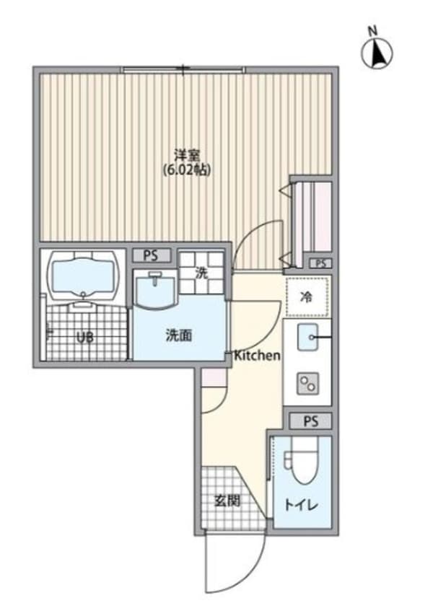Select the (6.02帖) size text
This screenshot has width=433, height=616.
click(187, 170)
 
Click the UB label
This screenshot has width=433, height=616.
click(85, 336)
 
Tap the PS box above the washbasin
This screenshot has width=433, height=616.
click(152, 255)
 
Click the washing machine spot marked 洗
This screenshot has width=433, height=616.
click(203, 273)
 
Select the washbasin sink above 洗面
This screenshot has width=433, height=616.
click(155, 291)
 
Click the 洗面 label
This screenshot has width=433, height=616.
click(179, 335)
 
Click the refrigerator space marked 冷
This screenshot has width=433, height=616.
click(307, 296)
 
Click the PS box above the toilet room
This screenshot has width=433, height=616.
click(310, 421)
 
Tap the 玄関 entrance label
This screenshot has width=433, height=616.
click(227, 501)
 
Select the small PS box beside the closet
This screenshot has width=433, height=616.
click(320, 263)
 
